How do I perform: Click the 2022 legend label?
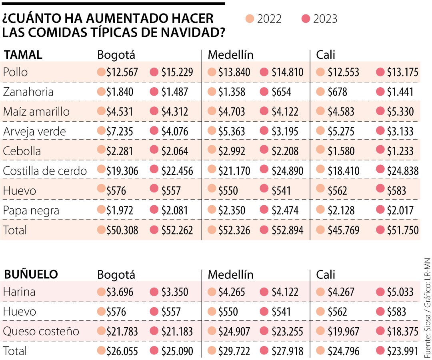269,19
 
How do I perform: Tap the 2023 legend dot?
306,19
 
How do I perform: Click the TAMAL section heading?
23,55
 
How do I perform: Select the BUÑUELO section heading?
31,274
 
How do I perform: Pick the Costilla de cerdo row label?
45,171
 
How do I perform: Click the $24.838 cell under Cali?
402,171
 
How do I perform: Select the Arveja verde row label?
34,131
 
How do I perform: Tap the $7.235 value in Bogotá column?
120,132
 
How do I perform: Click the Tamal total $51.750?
402,230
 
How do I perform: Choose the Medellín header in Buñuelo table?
231,275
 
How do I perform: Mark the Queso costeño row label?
41,331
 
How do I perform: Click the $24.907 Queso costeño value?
234,332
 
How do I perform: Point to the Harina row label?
19,292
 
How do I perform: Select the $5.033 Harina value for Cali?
400,292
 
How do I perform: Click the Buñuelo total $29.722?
234,352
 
